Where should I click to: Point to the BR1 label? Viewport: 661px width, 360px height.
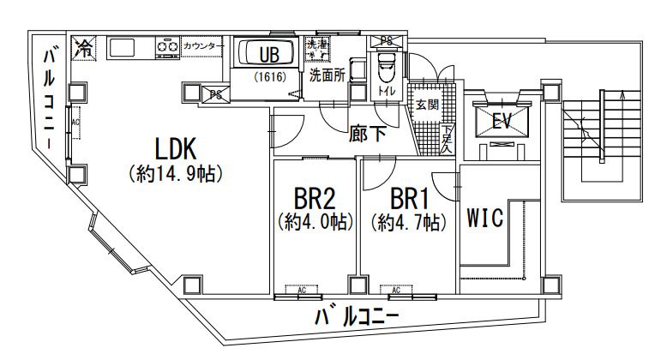point(409,199)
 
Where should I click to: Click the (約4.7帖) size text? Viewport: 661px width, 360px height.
point(409,223)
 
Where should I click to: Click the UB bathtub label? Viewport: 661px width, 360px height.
point(269,54)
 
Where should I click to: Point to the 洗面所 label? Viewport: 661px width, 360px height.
point(327,75)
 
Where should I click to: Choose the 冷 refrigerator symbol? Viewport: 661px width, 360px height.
point(85,48)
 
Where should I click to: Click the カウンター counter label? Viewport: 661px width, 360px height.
point(203,45)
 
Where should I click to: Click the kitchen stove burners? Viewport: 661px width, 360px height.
point(167,46)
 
